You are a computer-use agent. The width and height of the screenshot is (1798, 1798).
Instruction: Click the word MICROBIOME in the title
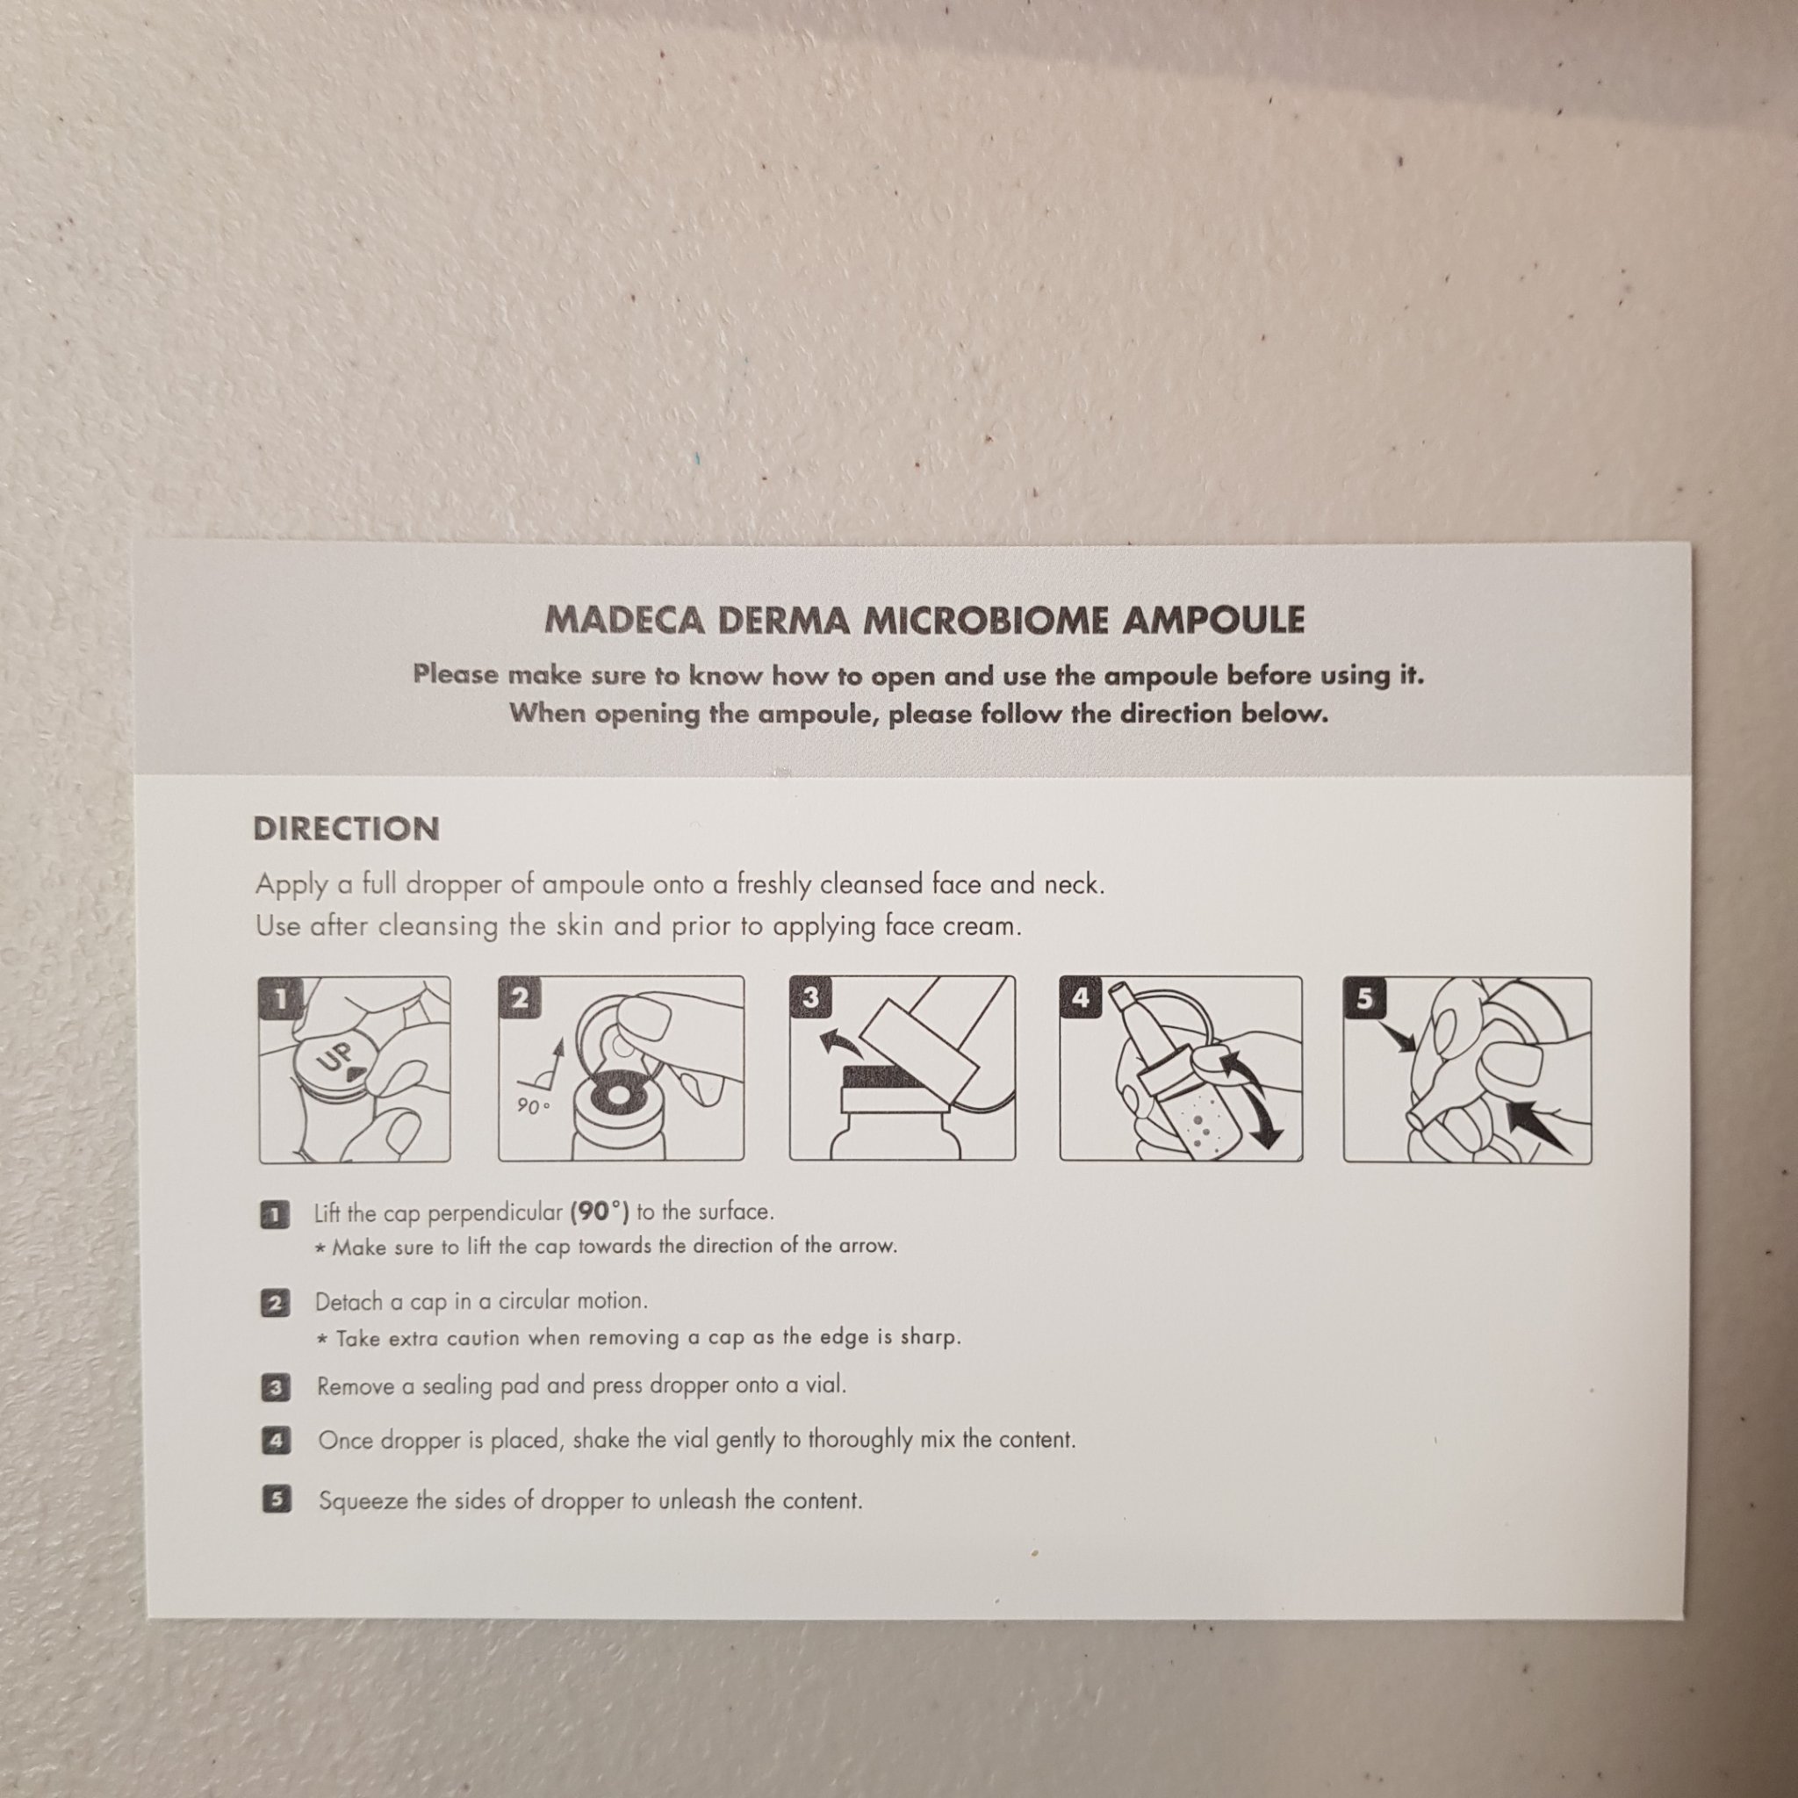point(985,621)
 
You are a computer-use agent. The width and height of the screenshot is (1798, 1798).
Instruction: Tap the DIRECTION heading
point(346,829)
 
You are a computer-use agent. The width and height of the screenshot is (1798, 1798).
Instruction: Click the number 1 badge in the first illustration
point(278,998)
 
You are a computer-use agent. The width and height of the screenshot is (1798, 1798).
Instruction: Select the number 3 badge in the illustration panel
point(809,997)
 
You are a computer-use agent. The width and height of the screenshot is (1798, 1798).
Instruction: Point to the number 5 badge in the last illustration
point(1364,998)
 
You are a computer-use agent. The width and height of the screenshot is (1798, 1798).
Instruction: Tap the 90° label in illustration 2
point(533,1106)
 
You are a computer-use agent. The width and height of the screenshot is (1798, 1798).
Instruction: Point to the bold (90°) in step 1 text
point(600,1212)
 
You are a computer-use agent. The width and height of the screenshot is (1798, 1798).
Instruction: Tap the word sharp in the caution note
point(928,1337)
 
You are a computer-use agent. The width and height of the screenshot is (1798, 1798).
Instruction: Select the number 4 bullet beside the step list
point(276,1442)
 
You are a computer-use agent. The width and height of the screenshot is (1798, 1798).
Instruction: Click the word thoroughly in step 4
point(859,1440)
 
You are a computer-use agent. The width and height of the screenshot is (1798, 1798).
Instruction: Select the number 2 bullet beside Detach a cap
point(275,1303)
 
